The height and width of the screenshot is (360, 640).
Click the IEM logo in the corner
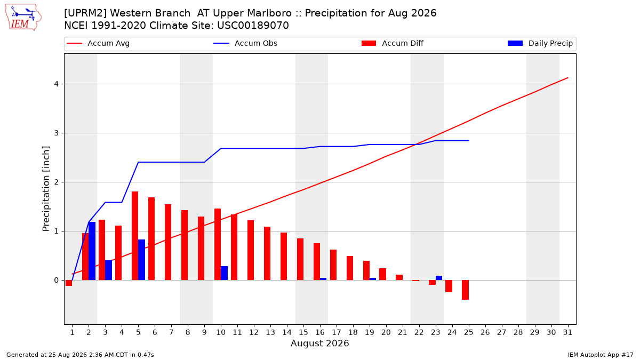23,18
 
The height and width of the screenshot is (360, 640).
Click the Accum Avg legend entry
98,43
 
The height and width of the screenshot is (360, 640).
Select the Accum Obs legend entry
245,43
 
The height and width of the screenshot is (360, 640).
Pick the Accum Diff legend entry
393,43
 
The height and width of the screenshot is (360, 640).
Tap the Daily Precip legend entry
540,43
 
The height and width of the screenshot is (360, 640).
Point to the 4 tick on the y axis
57,84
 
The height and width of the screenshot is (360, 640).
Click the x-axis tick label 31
567,332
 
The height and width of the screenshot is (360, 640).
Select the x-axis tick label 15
303,332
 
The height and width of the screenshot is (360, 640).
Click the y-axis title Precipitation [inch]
46,189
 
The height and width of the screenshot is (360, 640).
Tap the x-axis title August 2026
319,343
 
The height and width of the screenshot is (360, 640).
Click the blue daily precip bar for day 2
92,251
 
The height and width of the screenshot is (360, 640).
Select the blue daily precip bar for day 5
141,260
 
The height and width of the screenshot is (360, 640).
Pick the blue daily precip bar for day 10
225,273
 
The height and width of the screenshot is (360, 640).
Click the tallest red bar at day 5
135,236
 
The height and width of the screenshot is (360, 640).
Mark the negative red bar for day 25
465,290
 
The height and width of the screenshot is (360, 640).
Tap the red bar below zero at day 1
69,283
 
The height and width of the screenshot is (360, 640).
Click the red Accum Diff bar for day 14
283,257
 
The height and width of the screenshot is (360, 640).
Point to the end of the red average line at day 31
567,78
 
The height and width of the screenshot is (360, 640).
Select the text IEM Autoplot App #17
601,355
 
